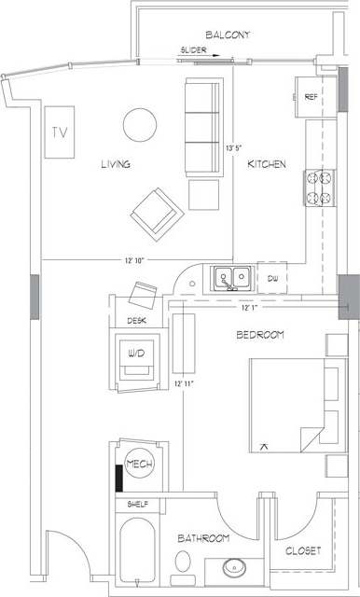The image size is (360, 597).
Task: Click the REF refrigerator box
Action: pyautogui.click(x=311, y=95)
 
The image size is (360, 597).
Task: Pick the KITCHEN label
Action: pyautogui.click(x=266, y=164)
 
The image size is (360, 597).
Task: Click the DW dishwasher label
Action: pyautogui.click(x=272, y=278)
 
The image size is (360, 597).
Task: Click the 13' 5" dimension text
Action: pyautogui.click(x=233, y=147)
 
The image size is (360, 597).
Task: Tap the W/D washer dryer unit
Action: pyautogui.click(x=137, y=355)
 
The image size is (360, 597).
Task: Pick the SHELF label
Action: pyautogui.click(x=138, y=505)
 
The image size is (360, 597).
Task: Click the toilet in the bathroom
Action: pyautogui.click(x=184, y=562)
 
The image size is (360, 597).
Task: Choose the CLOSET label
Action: pyautogui.click(x=303, y=551)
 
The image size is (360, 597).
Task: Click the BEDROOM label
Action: pyautogui.click(x=260, y=334)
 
